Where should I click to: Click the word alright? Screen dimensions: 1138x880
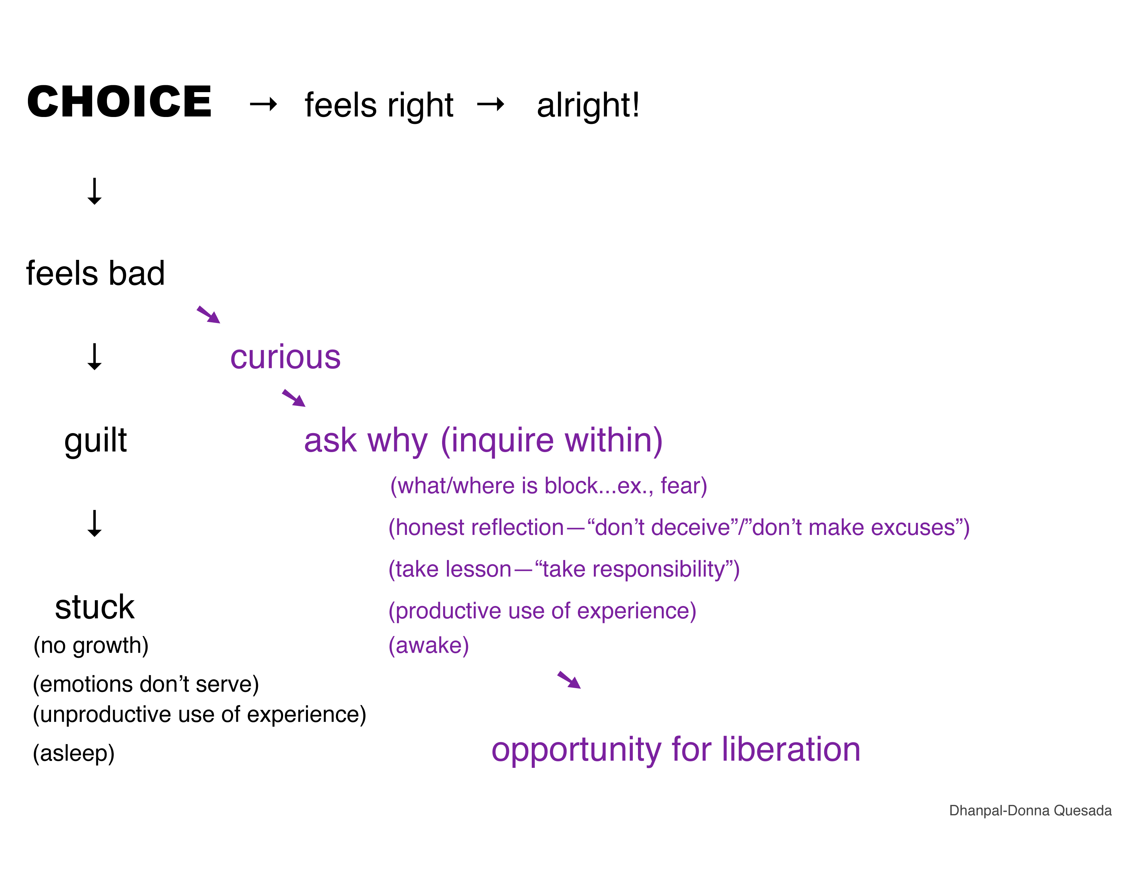(588, 105)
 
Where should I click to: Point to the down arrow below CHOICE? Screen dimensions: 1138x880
(94, 191)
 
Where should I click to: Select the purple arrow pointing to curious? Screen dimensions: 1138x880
(208, 315)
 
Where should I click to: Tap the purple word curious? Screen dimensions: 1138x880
(286, 358)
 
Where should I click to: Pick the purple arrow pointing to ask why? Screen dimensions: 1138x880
(294, 398)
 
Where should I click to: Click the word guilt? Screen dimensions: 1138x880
(96, 441)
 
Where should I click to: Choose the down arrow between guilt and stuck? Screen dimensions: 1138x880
(94, 524)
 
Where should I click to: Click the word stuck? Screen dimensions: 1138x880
(95, 607)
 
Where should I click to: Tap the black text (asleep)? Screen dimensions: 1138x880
(73, 754)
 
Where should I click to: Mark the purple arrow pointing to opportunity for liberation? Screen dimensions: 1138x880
(569, 680)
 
